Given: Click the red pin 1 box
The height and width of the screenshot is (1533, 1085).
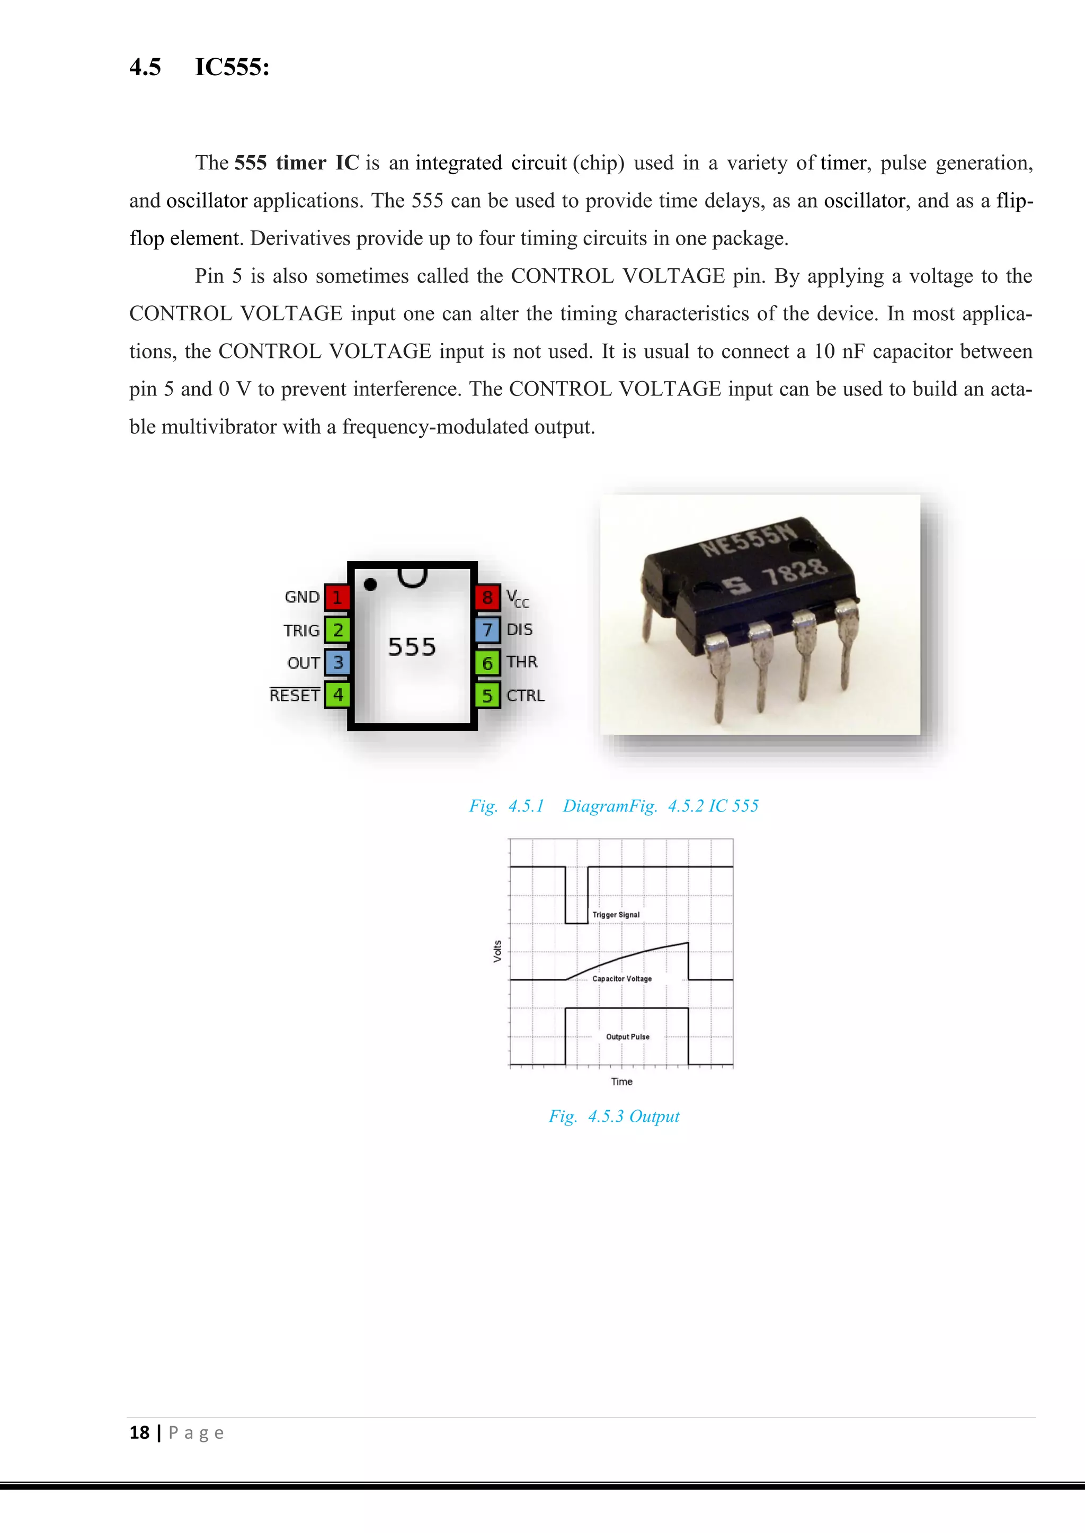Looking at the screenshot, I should coord(337,597).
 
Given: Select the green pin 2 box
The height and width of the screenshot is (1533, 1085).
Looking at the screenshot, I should coord(337,629).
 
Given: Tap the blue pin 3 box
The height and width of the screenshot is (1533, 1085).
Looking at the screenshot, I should coord(337,662).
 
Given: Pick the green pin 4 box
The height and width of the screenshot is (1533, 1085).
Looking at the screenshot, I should coord(337,695).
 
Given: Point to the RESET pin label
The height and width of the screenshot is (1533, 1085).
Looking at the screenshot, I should coord(295,695).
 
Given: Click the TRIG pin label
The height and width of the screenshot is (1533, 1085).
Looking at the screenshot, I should coord(301,630).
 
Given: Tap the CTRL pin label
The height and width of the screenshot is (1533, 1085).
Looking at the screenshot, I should coord(525,695).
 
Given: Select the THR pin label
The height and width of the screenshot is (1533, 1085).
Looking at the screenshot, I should coord(522,662).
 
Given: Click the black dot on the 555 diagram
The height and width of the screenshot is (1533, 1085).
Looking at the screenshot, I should coord(370,585).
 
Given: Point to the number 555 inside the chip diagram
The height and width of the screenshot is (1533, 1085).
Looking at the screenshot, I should coord(412,647).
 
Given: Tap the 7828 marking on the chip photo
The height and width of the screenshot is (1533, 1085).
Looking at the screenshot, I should coord(795,572).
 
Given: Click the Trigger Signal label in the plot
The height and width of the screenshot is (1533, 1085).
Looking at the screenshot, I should coord(616,915).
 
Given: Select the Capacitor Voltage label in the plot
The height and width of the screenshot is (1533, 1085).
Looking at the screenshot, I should coord(622,979).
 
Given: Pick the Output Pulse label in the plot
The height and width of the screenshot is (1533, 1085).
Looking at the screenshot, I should coord(627,1037).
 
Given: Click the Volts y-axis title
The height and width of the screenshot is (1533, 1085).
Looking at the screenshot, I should coord(497,951).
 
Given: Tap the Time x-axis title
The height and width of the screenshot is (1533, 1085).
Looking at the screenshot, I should coord(621,1081).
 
